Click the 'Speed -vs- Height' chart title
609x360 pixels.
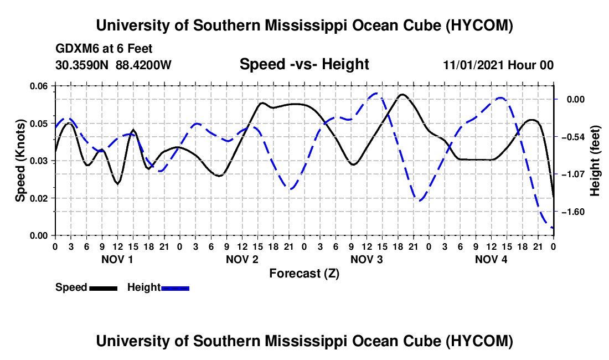click(x=304, y=64)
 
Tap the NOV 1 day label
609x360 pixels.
click(x=117, y=259)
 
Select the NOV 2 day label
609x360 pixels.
click(x=242, y=259)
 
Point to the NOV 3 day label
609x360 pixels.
click(x=367, y=259)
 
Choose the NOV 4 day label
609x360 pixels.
click(x=491, y=259)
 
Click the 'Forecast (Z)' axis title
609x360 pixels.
click(x=304, y=274)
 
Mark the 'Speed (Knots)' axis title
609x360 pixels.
click(x=20, y=161)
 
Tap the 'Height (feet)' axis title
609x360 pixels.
click(x=595, y=161)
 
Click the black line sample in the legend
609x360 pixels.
click(x=103, y=288)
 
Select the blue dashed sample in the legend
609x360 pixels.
click(x=175, y=288)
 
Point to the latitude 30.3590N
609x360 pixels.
click(x=82, y=65)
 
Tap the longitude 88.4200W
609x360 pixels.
click(x=143, y=65)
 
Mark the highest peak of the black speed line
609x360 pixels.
click(x=402, y=94)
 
